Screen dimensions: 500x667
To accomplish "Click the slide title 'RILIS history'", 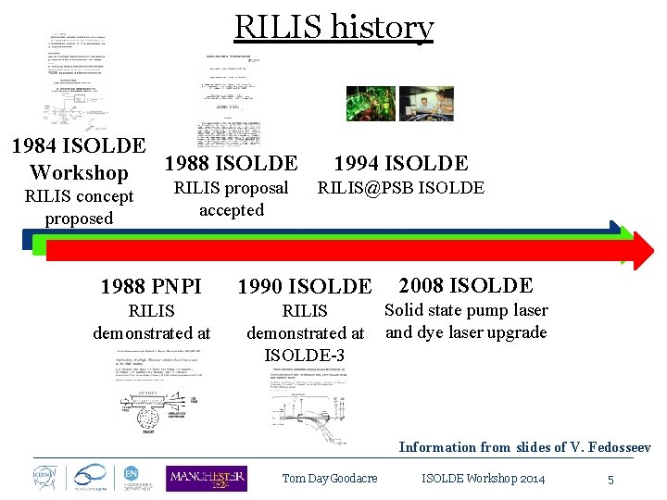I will point(333,28).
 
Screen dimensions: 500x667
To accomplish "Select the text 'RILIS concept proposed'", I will point(79,207).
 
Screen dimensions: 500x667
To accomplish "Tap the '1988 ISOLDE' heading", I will point(231,164).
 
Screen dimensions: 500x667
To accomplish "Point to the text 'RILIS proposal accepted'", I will point(232,199).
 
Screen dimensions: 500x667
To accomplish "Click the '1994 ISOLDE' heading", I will point(400,164).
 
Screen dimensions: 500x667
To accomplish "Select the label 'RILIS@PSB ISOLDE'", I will point(400,188).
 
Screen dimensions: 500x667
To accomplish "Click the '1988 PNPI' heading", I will point(151,286).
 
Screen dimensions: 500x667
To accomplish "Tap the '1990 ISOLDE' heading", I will point(305,287).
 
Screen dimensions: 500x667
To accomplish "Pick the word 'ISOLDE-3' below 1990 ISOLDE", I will point(305,355).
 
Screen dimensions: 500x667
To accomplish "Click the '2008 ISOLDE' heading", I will point(466,285).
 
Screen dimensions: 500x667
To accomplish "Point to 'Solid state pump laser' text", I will point(466,310).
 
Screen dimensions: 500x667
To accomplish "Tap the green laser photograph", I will point(371,104).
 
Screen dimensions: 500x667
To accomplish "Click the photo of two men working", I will point(426,104).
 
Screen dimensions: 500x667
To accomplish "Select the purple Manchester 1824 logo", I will point(206,478).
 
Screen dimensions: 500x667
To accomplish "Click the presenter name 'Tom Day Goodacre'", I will point(330,479).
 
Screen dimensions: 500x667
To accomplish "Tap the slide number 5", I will point(610,480).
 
